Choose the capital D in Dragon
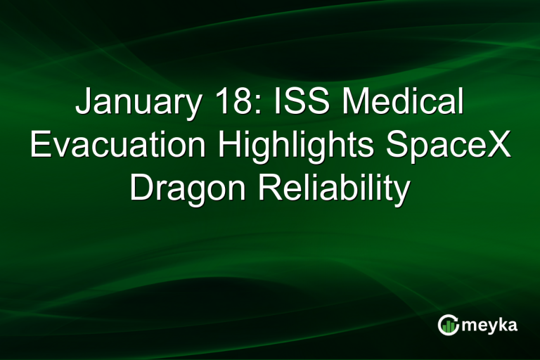click(141, 188)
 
